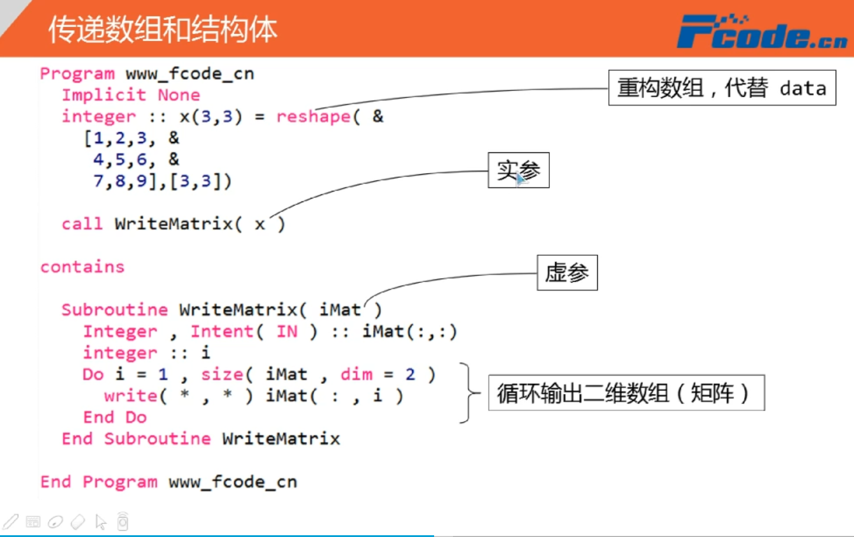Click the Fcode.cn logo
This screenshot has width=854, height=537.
coord(761,32)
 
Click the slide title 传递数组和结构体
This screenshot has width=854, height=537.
coord(162,30)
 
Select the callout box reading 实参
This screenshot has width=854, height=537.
coord(518,170)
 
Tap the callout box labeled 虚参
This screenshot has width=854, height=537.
coord(567,272)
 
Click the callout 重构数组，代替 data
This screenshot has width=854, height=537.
coord(722,88)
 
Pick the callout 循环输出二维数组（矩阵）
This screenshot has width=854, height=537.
coord(626,393)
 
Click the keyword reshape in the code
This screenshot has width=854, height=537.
coord(313,116)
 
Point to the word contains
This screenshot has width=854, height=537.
coord(82,267)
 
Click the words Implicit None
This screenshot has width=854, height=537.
coord(131,95)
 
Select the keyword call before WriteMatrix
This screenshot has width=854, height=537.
coord(82,224)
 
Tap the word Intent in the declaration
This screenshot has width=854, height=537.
coord(221,331)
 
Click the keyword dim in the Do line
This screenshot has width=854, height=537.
coord(356,375)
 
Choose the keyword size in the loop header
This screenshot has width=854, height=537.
coord(222,375)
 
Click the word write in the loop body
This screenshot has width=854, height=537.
coord(131,396)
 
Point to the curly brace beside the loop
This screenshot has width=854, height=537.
coord(469,393)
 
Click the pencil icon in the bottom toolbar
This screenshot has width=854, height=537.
coord(11,522)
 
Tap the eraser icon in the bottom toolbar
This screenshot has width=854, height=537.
coord(78,522)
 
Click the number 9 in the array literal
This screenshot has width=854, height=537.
coord(142,181)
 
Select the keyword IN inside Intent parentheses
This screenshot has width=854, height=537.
coord(287,331)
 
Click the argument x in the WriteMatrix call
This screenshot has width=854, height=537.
coord(259,224)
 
